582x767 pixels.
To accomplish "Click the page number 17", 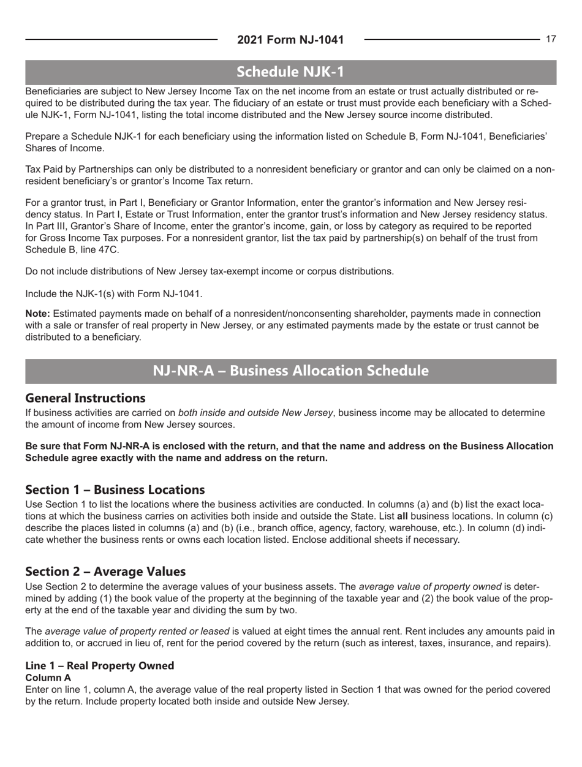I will point(551,39).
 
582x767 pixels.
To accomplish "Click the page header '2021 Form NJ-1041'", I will point(290,40).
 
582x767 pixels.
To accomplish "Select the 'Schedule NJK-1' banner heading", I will point(290,72).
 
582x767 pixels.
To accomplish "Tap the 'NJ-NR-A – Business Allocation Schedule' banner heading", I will point(290,371).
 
